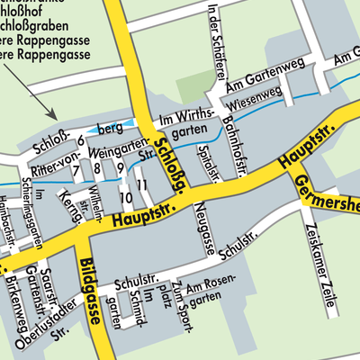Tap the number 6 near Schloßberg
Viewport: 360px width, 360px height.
80,140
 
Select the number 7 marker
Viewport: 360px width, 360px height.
76,169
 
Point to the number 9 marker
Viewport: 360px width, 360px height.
120,169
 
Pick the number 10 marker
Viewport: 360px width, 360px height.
124,196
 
